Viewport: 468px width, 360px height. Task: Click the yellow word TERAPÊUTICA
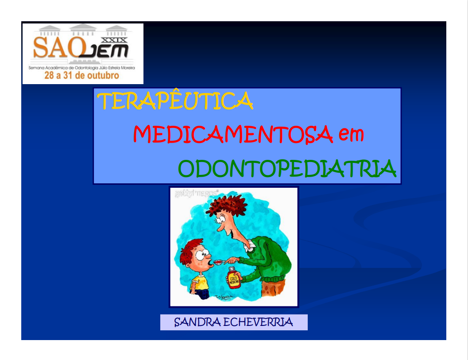pyautogui.click(x=175, y=101)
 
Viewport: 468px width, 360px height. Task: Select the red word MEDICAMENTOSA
pyautogui.click(x=233, y=134)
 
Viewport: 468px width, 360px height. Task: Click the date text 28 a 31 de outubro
pyautogui.click(x=81, y=76)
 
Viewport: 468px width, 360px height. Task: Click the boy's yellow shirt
pyautogui.click(x=200, y=281)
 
